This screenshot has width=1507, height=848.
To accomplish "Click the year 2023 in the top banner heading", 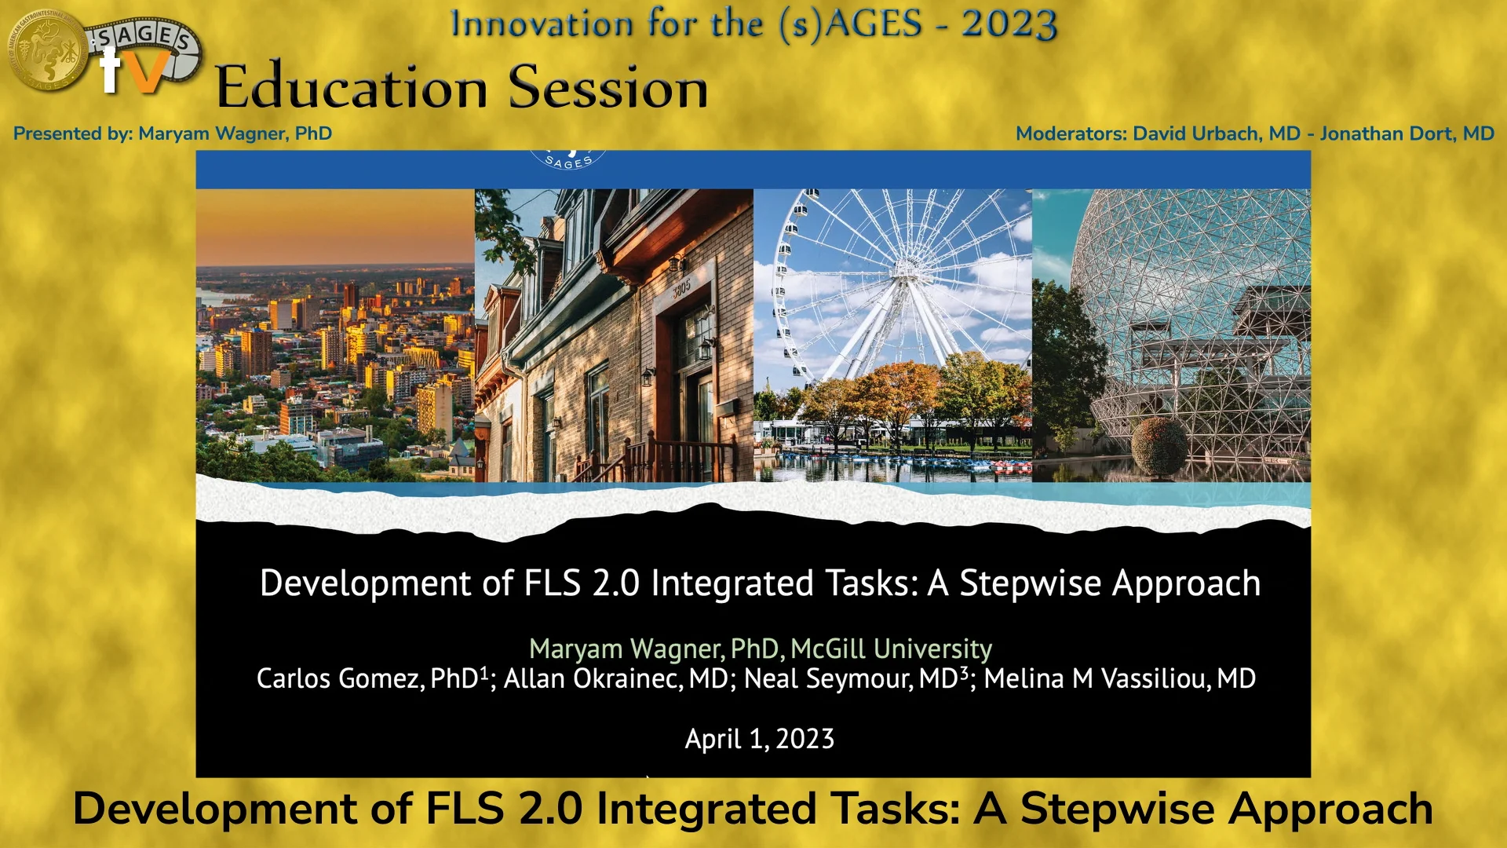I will pyautogui.click(x=1009, y=24).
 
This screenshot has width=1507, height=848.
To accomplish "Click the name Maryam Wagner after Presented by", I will pyautogui.click(x=235, y=133).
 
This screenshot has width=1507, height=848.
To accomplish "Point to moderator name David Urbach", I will pyautogui.click(x=1217, y=133).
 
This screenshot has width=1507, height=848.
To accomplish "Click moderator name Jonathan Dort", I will pyautogui.click(x=1407, y=133).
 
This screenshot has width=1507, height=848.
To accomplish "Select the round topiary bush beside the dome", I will pyautogui.click(x=1159, y=446).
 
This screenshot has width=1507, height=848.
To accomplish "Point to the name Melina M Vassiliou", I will pyautogui.click(x=1119, y=678).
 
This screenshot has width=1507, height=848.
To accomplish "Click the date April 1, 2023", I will pyautogui.click(x=759, y=739).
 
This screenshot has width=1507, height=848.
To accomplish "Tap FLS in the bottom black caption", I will pyautogui.click(x=464, y=809).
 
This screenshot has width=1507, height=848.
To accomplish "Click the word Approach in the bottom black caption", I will pyautogui.click(x=1330, y=809).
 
